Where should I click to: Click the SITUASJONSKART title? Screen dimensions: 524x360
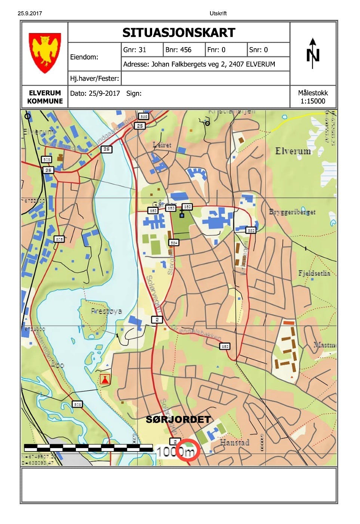pos(179,33)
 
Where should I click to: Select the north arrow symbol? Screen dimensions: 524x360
pos(313,53)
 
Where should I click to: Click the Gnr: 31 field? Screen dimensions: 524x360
pos(135,50)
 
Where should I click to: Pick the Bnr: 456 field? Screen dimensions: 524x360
pos(178,50)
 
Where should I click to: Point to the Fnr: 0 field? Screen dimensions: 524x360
pos(216,50)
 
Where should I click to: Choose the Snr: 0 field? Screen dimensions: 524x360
pos(258,50)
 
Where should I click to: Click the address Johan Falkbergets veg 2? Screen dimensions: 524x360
pos(199,64)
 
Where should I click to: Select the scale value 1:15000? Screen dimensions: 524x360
pos(313,101)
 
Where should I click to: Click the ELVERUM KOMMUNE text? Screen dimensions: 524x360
pos(45,97)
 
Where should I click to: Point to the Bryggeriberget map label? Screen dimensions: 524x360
pos(292,212)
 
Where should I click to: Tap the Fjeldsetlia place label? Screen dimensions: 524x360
pos(314,273)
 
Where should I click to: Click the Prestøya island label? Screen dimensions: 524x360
pos(106,311)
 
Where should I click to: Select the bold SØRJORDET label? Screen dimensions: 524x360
pos(178,419)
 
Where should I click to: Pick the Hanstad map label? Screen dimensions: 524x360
pos(234,442)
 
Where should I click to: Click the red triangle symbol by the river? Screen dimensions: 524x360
pos(105,380)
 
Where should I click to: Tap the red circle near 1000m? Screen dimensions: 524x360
pos(188,450)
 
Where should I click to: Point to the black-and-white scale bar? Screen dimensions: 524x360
pos(88,447)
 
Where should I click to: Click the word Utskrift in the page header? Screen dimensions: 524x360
pos(218,13)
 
